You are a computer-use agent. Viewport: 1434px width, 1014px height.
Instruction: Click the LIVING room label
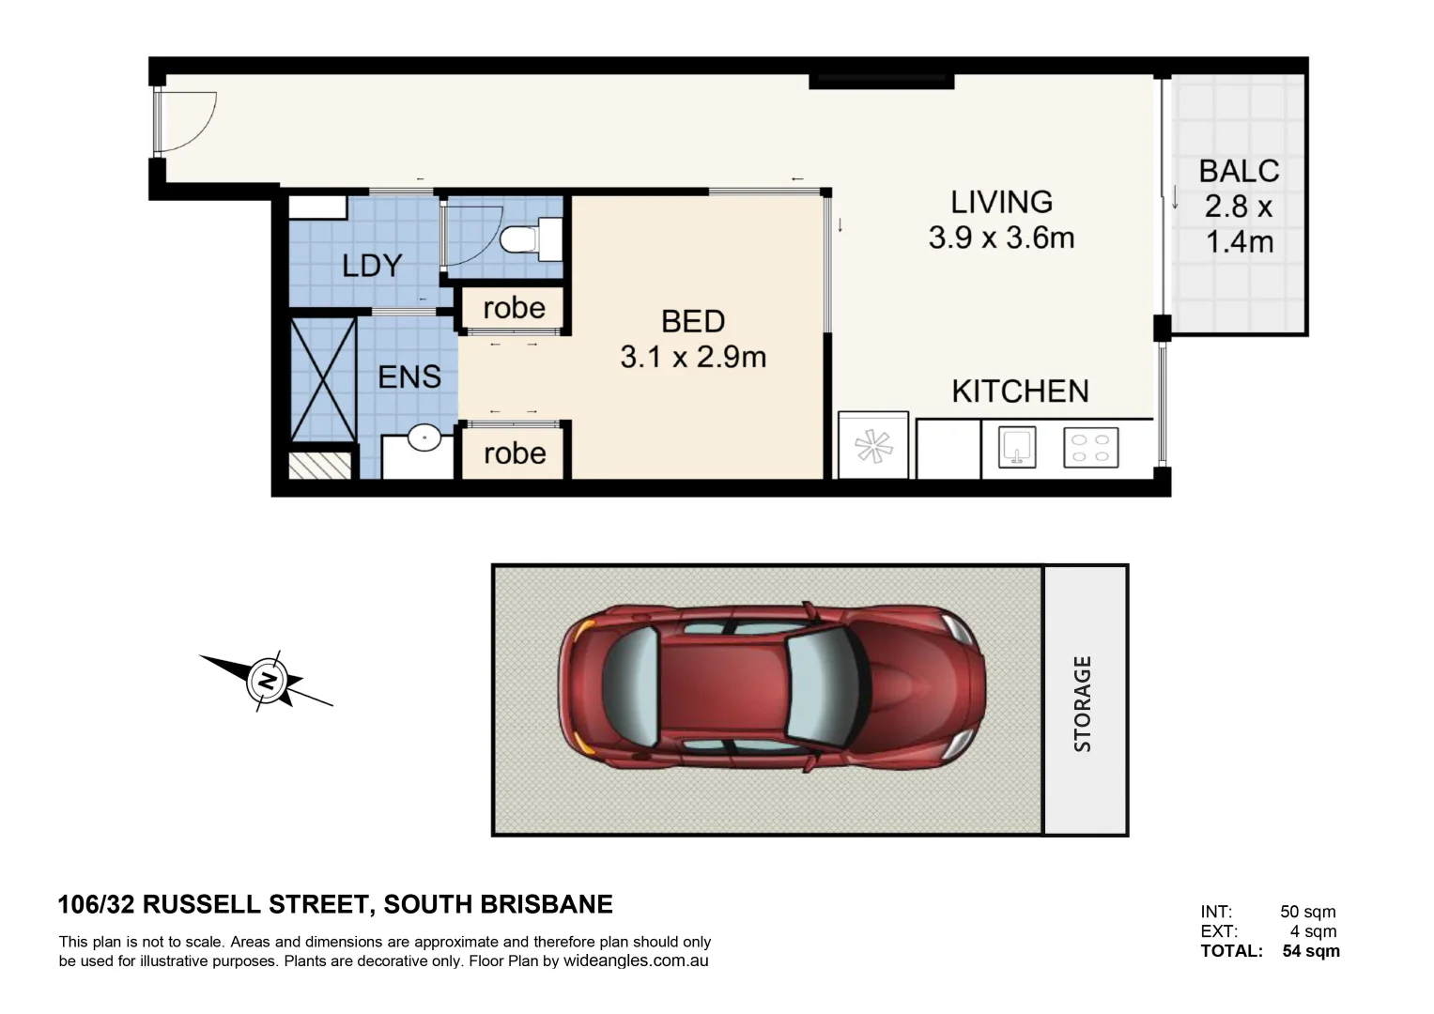point(1001,202)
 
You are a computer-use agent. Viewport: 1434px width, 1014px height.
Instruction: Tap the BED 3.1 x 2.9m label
point(693,339)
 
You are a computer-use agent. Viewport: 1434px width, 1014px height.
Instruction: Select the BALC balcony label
point(1239,171)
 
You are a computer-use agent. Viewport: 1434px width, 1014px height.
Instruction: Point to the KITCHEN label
point(1020,391)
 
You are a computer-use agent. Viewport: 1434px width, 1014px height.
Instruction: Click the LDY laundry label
point(372,266)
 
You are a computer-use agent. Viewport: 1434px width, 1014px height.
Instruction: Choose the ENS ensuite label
point(409,376)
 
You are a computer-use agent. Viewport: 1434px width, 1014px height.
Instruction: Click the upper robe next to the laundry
point(514,308)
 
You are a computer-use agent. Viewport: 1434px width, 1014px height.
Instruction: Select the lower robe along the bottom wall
point(515,453)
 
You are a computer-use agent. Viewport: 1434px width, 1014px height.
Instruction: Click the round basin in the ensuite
point(424,438)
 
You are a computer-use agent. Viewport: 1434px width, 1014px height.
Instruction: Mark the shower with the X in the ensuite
point(323,379)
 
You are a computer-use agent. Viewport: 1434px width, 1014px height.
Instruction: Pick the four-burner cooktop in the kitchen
point(1090,448)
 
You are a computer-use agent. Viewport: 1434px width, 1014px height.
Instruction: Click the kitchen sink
point(1016,447)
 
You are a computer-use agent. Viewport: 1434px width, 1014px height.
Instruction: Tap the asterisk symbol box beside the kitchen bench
point(872,446)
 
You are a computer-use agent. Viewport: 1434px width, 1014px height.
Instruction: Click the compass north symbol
point(267,680)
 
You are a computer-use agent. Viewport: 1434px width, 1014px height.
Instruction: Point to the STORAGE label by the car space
point(1083,703)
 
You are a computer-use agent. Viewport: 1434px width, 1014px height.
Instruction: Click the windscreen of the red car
point(821,683)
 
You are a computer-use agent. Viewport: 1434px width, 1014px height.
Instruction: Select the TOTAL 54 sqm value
point(1311,951)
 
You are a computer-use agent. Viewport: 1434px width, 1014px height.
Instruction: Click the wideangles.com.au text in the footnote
point(635,960)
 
